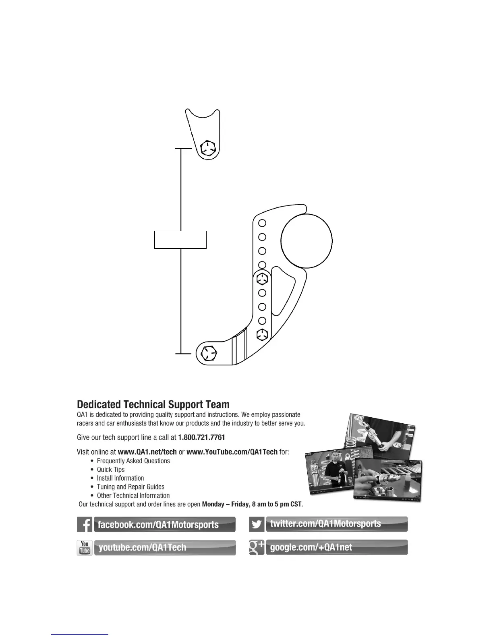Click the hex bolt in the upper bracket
tap(208, 148)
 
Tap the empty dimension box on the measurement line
tap(180, 240)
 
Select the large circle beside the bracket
tap(307, 240)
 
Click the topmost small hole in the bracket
tap(262, 223)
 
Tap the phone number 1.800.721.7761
tap(201, 437)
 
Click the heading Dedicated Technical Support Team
tap(153, 404)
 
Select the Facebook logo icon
tap(85, 524)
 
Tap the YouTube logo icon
tap(85, 547)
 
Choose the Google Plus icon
tap(257, 547)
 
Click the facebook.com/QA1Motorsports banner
tap(164, 524)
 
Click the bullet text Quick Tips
tap(111, 470)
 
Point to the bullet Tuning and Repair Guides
tap(130, 487)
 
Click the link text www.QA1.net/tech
tap(147, 452)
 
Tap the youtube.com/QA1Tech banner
tap(164, 547)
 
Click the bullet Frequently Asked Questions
tap(133, 461)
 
